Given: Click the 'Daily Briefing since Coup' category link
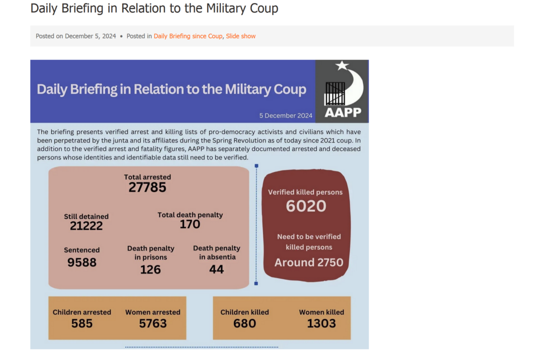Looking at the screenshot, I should coord(188,36).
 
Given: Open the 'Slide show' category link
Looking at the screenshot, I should coord(240,36).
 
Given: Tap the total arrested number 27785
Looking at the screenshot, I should coord(147,188).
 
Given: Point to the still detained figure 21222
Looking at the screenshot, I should coord(86,226).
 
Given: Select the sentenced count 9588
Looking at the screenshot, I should coord(82,262).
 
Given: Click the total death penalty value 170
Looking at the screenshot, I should coord(190,224).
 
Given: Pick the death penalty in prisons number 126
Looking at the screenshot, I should coord(150,269).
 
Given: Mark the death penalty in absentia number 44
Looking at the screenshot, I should coord(217,269).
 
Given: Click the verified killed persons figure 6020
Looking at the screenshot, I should coord(306,206).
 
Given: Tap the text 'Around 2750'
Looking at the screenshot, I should coord(309,262).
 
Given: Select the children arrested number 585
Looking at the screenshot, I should coord(82,323).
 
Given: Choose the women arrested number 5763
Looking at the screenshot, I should coord(153,323).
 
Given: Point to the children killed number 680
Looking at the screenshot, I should coord(245,323).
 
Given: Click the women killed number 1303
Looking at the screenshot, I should coord(321,323).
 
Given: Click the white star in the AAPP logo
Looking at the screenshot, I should coord(342,65).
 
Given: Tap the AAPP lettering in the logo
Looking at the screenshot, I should coord(342,112).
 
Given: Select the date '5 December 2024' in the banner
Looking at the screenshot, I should coord(286,116).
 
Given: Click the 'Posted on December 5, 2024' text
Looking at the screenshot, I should coord(76,36).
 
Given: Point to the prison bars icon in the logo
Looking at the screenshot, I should coord(334,93).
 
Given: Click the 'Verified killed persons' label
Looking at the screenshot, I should coord(305,192).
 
